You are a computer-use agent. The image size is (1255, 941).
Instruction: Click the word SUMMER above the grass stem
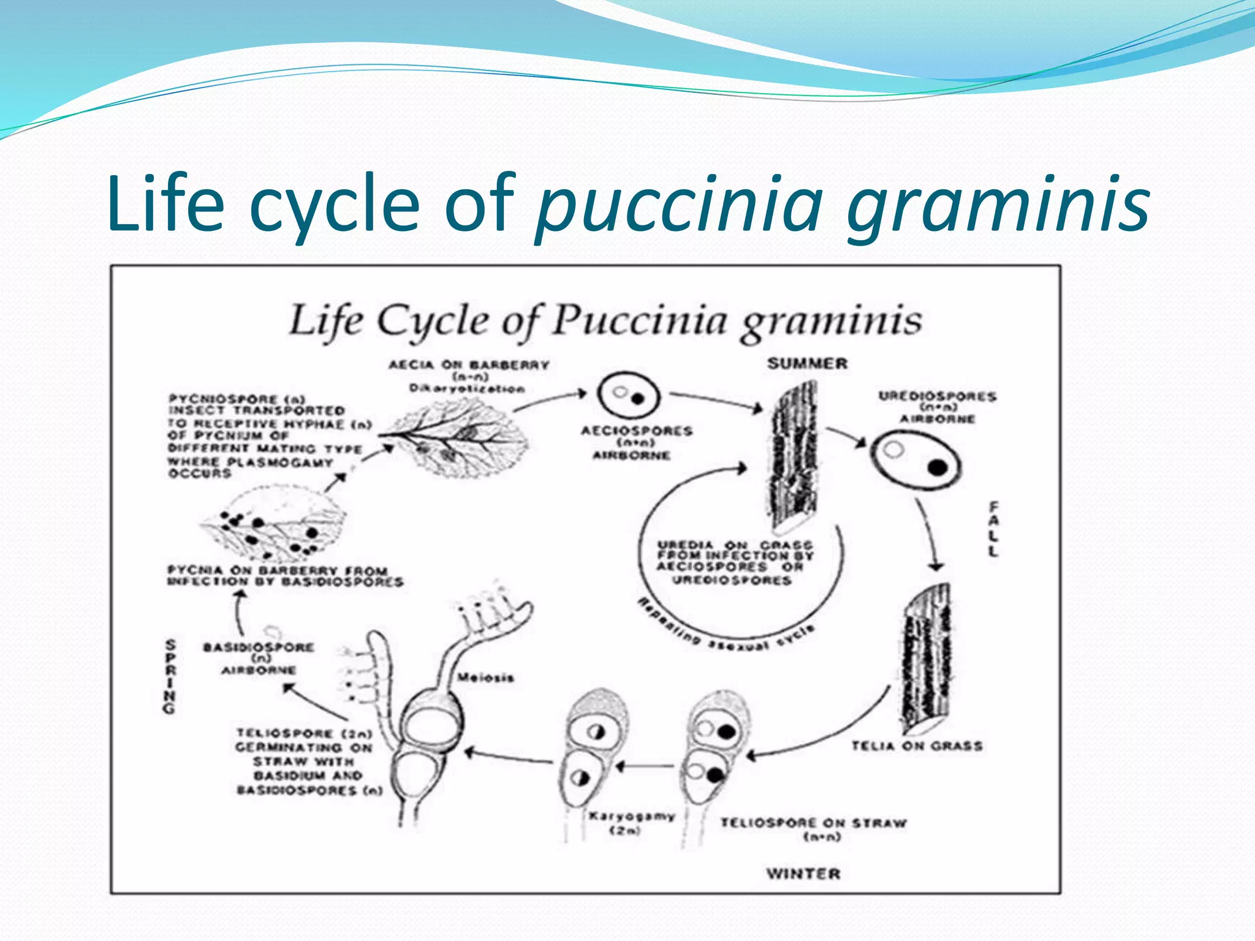pyautogui.click(x=807, y=363)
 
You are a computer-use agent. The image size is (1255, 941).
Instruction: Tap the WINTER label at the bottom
pyautogui.click(x=803, y=874)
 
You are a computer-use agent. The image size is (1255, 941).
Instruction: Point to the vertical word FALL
pyautogui.click(x=993, y=528)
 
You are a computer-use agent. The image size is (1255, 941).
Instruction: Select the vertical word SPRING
pyautogui.click(x=170, y=676)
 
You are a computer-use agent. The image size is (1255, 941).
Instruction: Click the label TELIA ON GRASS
pyautogui.click(x=917, y=746)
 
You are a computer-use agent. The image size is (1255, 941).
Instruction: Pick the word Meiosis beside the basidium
pyautogui.click(x=485, y=678)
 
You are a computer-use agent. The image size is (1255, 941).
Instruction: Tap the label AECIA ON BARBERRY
pyautogui.click(x=469, y=365)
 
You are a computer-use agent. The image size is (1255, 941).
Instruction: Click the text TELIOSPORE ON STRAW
pyautogui.click(x=813, y=823)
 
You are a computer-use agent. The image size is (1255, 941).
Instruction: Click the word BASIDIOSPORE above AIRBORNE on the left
pyautogui.click(x=259, y=648)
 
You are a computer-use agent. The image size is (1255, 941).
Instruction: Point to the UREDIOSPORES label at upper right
pyautogui.click(x=937, y=396)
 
